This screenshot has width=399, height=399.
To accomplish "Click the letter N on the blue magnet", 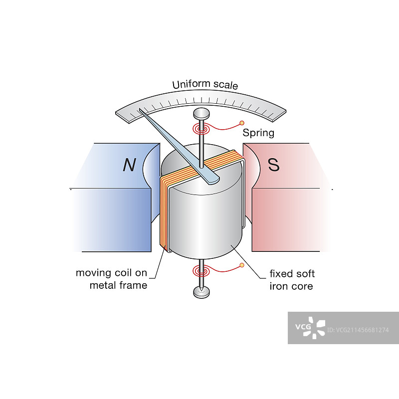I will tap(129, 165).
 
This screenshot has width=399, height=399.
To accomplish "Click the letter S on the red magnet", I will tap(274, 165).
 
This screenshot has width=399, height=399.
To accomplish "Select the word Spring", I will tap(258, 133).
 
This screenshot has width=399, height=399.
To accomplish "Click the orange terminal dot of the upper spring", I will tap(242, 123).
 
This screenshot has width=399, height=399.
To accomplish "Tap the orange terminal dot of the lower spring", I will tap(242, 265).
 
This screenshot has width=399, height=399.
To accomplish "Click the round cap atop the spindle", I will tap(200, 113).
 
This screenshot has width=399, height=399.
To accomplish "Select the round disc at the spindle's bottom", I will tap(201, 293).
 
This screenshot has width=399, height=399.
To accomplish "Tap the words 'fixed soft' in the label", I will tap(292, 274).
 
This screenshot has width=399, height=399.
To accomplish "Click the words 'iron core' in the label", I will tap(291, 286).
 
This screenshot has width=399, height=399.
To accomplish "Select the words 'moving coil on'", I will tap(111, 273).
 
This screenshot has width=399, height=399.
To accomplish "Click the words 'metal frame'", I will tap(118, 285).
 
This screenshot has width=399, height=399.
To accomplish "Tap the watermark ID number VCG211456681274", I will tap(359, 330).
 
